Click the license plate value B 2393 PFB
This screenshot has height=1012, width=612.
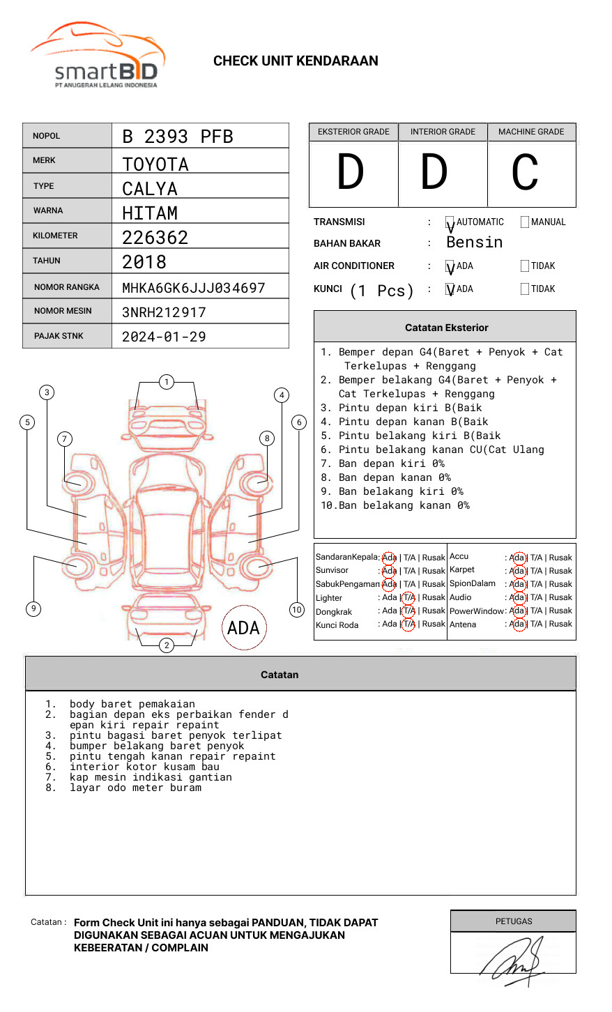click(x=177, y=137)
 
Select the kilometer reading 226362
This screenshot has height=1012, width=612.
click(x=155, y=238)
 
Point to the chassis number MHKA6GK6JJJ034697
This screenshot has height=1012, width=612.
click(x=193, y=288)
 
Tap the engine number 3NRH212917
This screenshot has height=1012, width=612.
click(x=164, y=312)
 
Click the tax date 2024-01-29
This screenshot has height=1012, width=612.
click(x=164, y=337)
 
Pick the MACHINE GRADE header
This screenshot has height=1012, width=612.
click(x=531, y=132)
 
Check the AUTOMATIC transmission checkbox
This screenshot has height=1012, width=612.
click(x=450, y=222)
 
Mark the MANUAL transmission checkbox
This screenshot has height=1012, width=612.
click(x=525, y=222)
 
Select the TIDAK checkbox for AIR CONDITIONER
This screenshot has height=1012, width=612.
click(x=525, y=266)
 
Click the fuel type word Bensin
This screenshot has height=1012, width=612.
click(x=474, y=243)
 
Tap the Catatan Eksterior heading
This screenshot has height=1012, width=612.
click(x=446, y=328)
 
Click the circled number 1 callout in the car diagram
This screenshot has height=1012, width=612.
click(x=166, y=382)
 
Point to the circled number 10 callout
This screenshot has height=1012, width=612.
click(x=297, y=610)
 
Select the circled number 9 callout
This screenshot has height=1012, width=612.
click(x=33, y=608)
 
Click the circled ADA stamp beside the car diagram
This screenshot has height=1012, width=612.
click(x=243, y=628)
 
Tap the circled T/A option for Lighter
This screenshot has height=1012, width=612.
click(x=408, y=597)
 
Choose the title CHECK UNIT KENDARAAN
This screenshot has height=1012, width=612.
click(x=296, y=61)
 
